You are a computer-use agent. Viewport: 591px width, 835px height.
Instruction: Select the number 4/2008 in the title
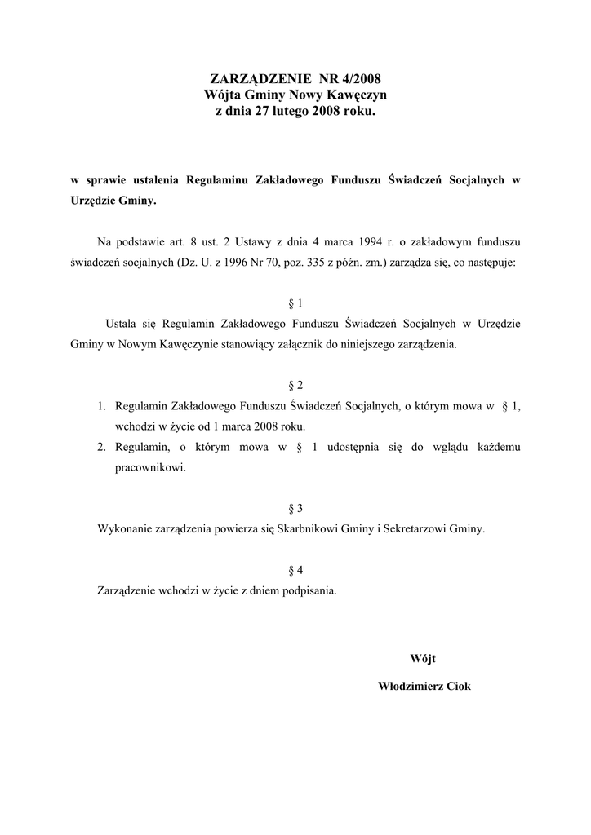(358, 79)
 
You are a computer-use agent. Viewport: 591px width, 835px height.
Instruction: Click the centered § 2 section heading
(295, 385)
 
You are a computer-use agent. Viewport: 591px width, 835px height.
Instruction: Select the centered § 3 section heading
(295, 508)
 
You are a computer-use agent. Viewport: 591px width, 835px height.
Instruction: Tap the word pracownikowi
(151, 468)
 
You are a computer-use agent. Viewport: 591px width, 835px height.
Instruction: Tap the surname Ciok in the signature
(457, 687)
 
